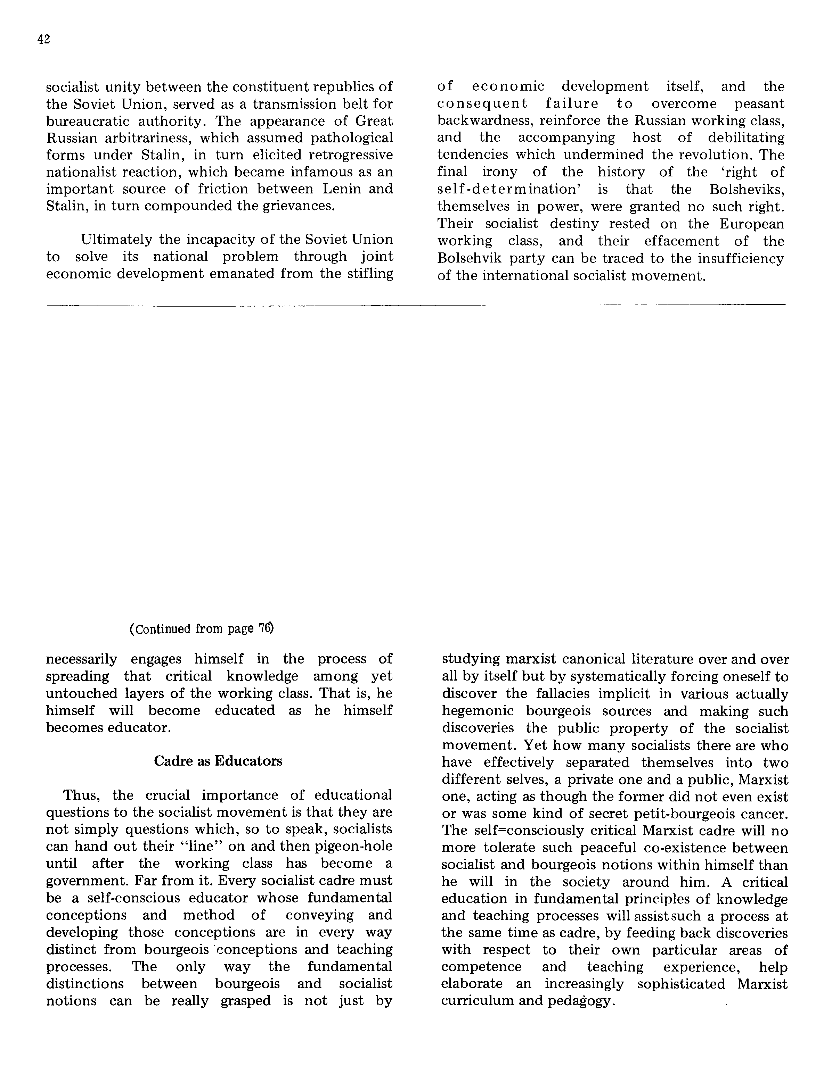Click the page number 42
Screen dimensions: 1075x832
pyautogui.click(x=44, y=40)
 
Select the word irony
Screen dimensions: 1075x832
pyautogui.click(x=500, y=172)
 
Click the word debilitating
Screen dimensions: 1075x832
pyautogui.click(x=746, y=138)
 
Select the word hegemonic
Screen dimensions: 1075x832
pyautogui.click(x=478, y=711)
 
